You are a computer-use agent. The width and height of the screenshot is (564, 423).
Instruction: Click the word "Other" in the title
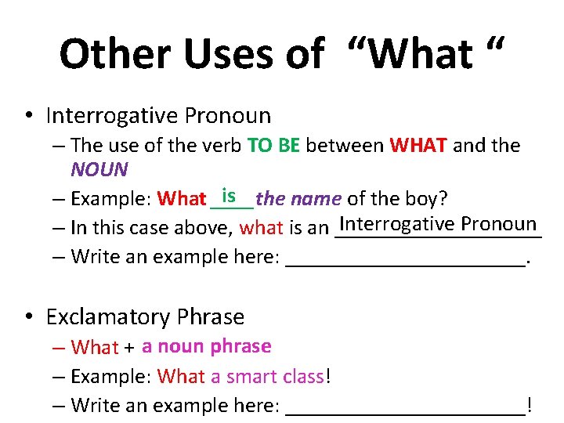(x=109, y=55)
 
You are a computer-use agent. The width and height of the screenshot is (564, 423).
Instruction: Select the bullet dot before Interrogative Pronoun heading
(x=28, y=116)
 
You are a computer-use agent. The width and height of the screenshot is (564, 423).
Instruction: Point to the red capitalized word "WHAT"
(x=418, y=146)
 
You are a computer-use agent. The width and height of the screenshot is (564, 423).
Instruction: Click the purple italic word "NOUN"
(x=99, y=169)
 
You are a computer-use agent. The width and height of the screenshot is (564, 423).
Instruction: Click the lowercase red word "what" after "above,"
(x=262, y=228)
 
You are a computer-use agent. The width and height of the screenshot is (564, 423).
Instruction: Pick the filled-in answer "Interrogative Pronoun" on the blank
(x=437, y=224)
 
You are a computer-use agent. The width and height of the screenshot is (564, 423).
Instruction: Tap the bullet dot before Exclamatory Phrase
(x=28, y=317)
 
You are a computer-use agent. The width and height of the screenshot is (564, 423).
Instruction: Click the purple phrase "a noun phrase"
(x=206, y=346)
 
